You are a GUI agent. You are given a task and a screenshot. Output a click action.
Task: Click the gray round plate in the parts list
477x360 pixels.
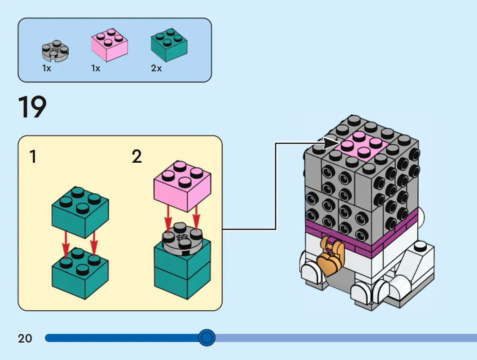pyautogui.click(x=55, y=51)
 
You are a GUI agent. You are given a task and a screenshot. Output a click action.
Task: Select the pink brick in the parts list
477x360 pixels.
pyautogui.click(x=109, y=45)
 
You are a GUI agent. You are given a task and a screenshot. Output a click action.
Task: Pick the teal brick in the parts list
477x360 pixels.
pyautogui.click(x=169, y=45)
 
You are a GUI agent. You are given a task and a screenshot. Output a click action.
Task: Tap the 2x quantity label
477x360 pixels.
pyautogui.click(x=156, y=68)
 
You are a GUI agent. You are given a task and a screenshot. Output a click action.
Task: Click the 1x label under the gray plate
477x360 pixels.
pyautogui.click(x=47, y=68)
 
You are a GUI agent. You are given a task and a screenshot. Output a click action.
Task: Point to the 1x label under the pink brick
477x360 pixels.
pyautogui.click(x=96, y=68)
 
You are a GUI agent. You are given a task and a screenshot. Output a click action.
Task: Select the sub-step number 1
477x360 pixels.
pyautogui.click(x=33, y=156)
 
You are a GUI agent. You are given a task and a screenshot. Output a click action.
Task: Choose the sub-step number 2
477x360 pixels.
pyautogui.click(x=136, y=156)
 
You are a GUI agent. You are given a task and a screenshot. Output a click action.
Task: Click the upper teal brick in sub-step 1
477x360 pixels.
pyautogui.click(x=80, y=212)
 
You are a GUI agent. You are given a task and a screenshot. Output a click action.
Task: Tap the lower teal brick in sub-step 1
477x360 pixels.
pyautogui.click(x=80, y=273)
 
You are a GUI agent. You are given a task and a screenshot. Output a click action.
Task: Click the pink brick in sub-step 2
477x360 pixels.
pyautogui.click(x=182, y=186)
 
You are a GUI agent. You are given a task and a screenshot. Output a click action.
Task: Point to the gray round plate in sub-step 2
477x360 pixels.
pyautogui.click(x=182, y=239)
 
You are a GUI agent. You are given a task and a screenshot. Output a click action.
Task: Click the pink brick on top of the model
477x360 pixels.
pyautogui.click(x=362, y=147)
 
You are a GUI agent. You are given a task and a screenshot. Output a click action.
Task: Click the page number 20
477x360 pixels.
pyautogui.click(x=25, y=338)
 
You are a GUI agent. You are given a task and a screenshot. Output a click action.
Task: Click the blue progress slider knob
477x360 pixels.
pyautogui.click(x=207, y=338)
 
